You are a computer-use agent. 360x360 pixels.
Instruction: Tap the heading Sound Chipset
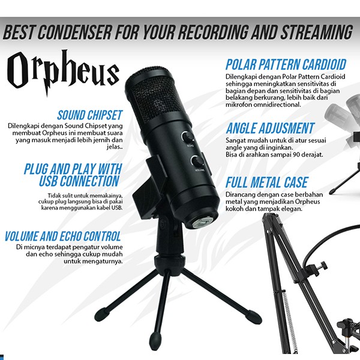pyautogui.click(x=90, y=115)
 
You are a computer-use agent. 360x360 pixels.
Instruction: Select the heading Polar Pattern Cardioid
pyautogui.click(x=286, y=65)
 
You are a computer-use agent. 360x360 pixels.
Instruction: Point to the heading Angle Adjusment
pyautogui.click(x=270, y=128)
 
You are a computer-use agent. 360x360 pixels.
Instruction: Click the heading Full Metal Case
pyautogui.click(x=267, y=182)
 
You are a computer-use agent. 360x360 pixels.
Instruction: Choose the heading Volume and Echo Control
pyautogui.click(x=62, y=236)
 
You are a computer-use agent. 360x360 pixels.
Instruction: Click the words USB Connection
pyautogui.click(x=79, y=181)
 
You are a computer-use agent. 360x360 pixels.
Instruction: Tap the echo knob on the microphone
pyautogui.click(x=188, y=137)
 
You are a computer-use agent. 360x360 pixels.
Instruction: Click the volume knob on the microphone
pyautogui.click(x=197, y=161)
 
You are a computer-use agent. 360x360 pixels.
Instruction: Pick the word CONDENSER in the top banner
pyautogui.click(x=75, y=32)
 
